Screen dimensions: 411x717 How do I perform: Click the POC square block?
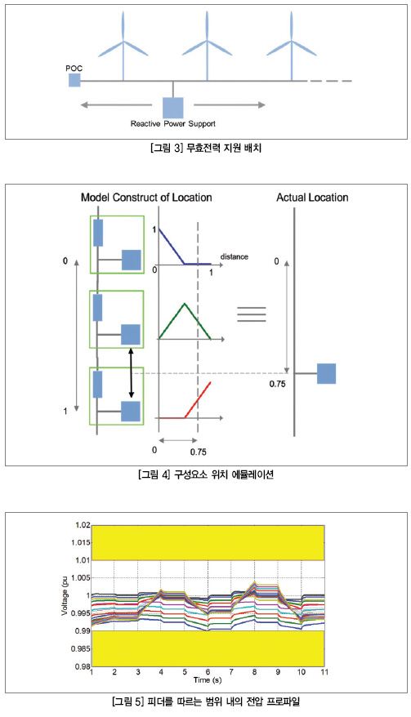(x=74, y=81)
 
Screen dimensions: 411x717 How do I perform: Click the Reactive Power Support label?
(x=173, y=123)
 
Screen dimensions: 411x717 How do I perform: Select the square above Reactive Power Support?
(x=173, y=108)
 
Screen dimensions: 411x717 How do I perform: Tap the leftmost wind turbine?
(x=123, y=46)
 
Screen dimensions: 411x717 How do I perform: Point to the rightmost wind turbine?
(x=292, y=46)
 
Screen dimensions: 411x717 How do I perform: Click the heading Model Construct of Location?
(x=146, y=198)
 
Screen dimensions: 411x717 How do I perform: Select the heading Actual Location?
(x=313, y=198)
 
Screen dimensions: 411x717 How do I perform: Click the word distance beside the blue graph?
(x=235, y=257)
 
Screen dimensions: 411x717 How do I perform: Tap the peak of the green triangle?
(x=185, y=303)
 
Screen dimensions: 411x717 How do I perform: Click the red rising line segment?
(x=198, y=399)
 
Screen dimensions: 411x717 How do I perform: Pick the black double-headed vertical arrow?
(x=132, y=373)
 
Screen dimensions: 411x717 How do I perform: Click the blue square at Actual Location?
(x=326, y=373)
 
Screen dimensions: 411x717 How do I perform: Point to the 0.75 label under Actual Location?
(x=277, y=385)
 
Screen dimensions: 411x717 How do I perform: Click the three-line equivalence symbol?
(x=252, y=314)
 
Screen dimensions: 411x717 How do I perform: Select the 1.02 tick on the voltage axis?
(x=83, y=525)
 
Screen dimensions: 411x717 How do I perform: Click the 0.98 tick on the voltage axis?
(x=83, y=666)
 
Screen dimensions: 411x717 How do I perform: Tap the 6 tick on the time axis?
(x=208, y=672)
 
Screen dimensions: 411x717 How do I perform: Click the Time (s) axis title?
(x=208, y=680)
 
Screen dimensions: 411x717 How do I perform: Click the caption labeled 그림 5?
(x=206, y=701)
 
